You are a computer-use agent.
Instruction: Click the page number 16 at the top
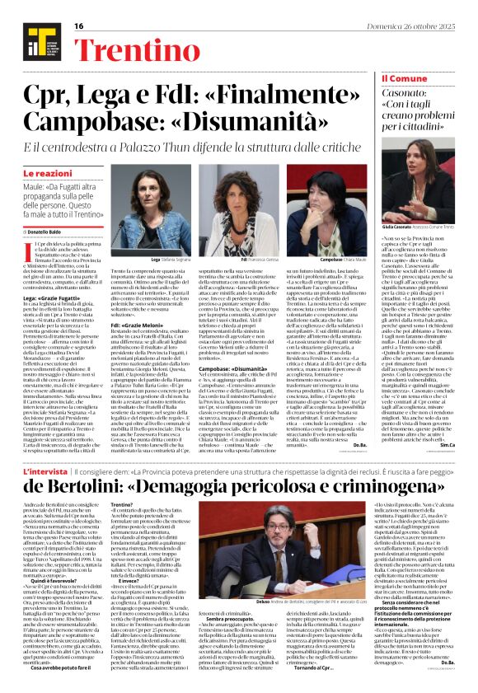click(x=79, y=26)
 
